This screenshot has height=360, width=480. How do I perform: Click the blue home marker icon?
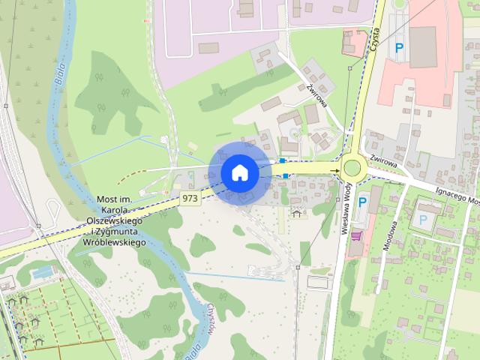pyautogui.click(x=239, y=172)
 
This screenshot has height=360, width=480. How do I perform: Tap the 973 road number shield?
pyautogui.click(x=190, y=198)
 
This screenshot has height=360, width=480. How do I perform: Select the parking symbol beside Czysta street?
pyautogui.click(x=400, y=46)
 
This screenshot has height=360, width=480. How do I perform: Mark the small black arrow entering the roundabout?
pyautogui.click(x=336, y=171)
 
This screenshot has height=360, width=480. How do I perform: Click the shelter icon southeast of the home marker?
pyautogui.click(x=297, y=214)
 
